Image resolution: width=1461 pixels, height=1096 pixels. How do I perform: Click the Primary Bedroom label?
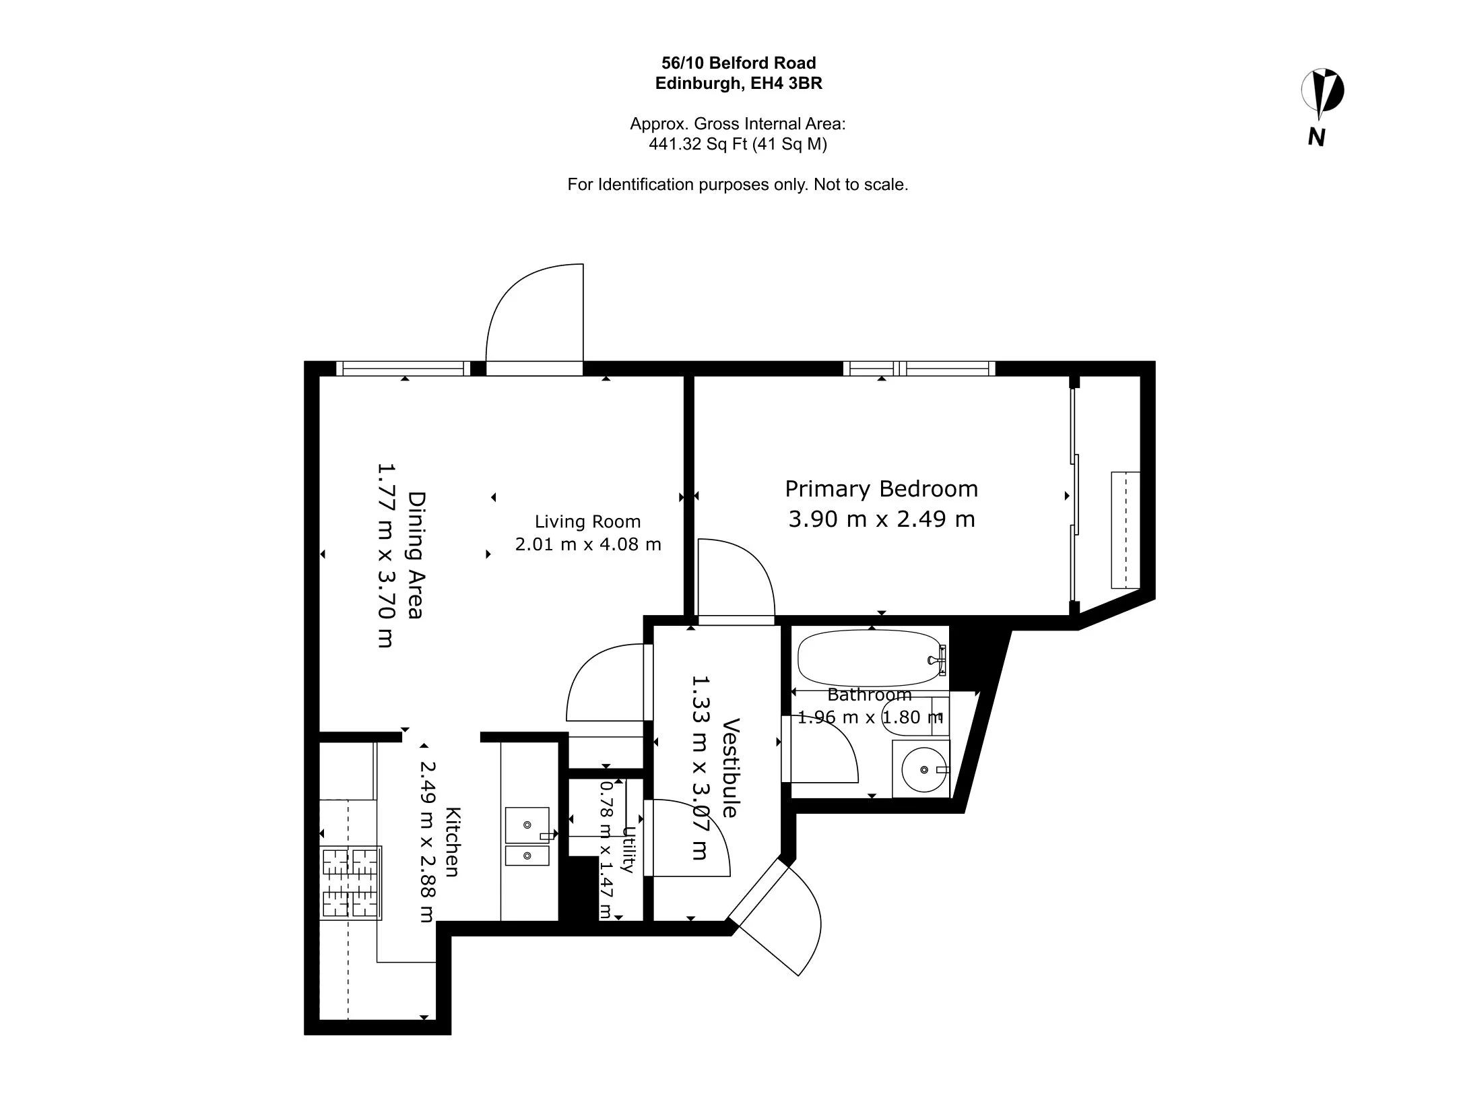[881, 488]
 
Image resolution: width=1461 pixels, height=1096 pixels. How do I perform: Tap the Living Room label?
[587, 521]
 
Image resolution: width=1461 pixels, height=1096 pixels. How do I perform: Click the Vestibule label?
[731, 768]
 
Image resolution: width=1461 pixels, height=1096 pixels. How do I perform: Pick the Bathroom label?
[870, 695]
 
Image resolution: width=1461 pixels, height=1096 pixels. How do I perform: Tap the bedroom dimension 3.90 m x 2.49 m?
[882, 519]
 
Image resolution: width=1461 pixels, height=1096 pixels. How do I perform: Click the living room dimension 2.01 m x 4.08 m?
[588, 544]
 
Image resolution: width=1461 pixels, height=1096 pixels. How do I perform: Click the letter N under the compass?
[1317, 137]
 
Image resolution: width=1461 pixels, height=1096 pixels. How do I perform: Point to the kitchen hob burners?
[351, 883]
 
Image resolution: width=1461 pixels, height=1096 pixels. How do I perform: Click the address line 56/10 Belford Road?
[739, 63]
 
